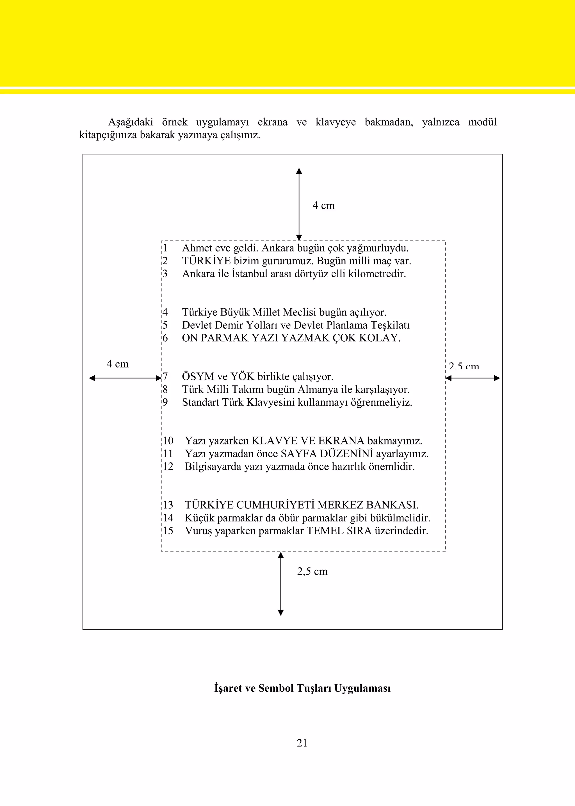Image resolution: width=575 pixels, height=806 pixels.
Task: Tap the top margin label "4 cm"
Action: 323,205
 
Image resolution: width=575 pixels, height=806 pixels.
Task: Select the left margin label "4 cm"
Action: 118,364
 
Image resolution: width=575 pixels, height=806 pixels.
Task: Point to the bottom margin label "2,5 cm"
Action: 312,571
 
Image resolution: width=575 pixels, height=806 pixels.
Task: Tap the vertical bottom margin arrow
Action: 281,584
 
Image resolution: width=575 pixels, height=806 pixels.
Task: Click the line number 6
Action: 165,338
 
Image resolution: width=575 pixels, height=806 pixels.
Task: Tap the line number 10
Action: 168,441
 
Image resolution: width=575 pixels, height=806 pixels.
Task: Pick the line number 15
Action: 168,531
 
